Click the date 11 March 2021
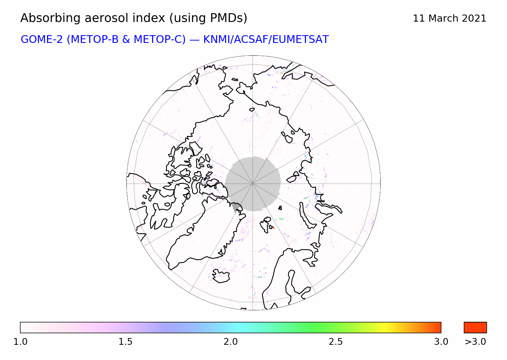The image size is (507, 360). [x=450, y=18]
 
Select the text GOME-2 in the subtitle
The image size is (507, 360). [x=42, y=40]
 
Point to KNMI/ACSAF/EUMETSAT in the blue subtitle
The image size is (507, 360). [x=266, y=40]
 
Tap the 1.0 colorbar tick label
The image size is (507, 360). [x=20, y=342]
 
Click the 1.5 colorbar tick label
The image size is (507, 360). [x=125, y=342]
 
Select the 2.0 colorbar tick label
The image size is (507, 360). [x=231, y=342]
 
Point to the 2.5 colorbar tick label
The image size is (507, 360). [x=336, y=342]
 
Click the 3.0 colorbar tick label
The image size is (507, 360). [x=441, y=342]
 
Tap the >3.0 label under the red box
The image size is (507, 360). [x=475, y=342]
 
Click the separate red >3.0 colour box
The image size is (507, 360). [x=475, y=328]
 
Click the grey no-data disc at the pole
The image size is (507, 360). [x=253, y=184]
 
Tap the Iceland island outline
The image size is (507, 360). [x=221, y=276]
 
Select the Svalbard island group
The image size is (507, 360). [x=266, y=224]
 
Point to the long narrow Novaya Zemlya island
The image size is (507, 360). [x=306, y=216]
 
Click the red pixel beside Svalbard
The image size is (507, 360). [x=273, y=227]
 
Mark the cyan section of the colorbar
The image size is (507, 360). [x=238, y=328]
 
